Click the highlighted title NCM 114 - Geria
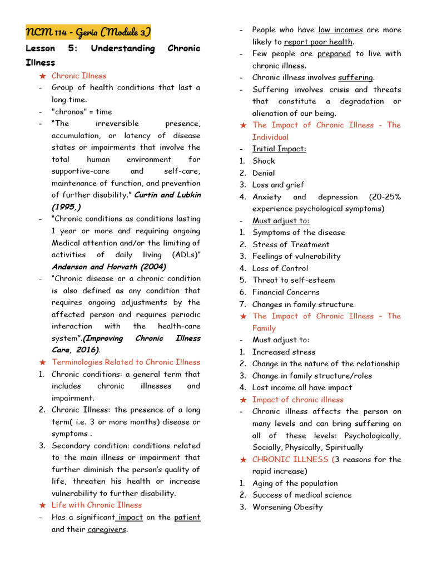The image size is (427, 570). coord(88,32)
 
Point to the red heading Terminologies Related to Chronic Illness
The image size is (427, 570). coord(126,362)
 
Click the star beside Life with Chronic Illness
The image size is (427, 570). coord(43,505)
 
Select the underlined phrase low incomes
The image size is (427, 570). coord(340,30)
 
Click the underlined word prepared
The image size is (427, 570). coord(334,53)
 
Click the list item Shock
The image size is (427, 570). coord(264,161)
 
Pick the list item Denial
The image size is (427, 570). coord(264,173)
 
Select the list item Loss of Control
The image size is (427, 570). coord(280,268)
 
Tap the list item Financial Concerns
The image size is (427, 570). coord(286,292)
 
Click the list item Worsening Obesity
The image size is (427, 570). coord(287,507)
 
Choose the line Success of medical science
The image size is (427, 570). coord(302,495)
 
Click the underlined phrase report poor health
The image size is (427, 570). coord(318,42)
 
